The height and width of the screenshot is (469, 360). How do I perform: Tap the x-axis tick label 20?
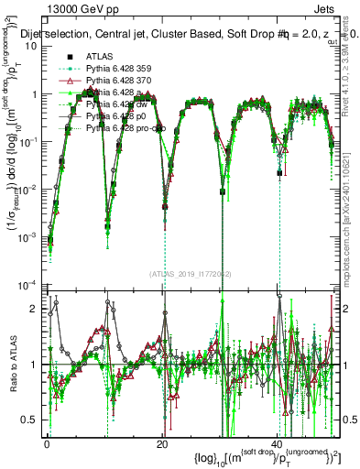pos(162,443)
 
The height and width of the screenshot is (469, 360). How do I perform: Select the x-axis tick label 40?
pos(278,443)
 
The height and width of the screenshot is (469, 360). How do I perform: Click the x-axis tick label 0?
pos(47,443)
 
